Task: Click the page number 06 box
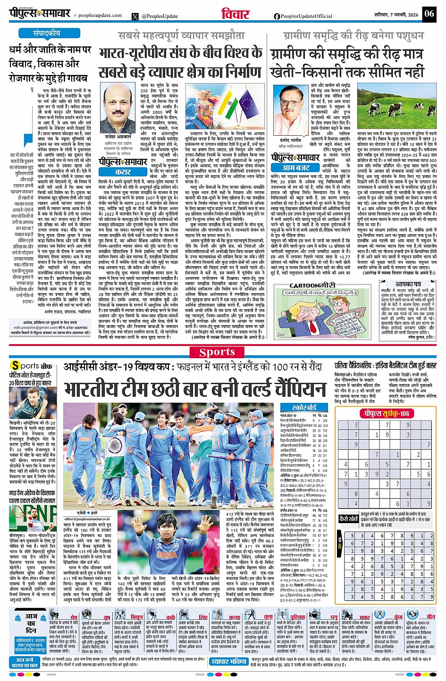tap(429, 14)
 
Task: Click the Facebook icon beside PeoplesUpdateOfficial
tap(277, 16)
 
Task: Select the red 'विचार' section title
tap(235, 14)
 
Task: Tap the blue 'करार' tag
tap(123, 172)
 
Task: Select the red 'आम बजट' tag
tap(296, 167)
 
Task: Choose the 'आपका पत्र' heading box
tap(408, 284)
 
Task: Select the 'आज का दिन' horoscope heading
tap(31, 623)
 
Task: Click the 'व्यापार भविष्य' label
tap(229, 662)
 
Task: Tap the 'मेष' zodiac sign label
tap(74, 617)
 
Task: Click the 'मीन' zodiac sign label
tap(430, 617)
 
